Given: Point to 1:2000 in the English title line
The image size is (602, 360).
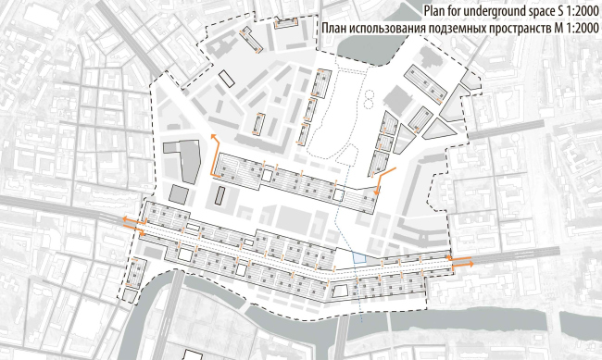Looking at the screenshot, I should (577, 11).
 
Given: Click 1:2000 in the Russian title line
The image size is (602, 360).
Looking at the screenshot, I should (577, 31).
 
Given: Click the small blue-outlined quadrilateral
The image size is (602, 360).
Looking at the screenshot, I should (360, 259).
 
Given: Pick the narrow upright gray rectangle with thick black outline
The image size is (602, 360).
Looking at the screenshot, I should (219, 193).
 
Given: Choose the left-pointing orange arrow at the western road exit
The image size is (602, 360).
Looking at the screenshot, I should (124, 220).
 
